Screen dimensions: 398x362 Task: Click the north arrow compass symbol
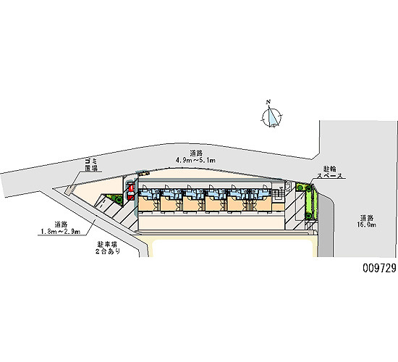tap(272, 117)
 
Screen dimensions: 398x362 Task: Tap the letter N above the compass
tap(268, 102)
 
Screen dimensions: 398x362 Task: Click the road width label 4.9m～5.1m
tap(195, 160)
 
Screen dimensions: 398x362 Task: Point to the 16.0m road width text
tap(367, 224)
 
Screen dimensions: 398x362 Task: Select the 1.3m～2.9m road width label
tap(61, 232)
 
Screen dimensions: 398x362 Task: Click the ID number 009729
tap(379, 268)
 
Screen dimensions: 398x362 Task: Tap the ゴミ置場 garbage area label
tap(91, 164)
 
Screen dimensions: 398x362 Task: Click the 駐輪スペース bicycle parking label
tap(330, 172)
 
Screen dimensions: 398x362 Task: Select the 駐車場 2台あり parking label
tap(108, 248)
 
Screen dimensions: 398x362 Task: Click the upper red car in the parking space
tap(131, 188)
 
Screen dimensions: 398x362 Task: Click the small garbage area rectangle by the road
tap(70, 190)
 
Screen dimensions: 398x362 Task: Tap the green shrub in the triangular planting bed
tap(119, 199)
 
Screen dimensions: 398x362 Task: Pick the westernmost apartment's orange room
tap(148, 204)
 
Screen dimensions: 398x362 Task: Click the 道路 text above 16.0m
tap(367, 218)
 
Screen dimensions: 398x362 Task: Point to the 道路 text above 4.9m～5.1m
tap(196, 153)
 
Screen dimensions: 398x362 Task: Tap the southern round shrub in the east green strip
tap(308, 216)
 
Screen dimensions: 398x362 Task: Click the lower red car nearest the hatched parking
tap(131, 196)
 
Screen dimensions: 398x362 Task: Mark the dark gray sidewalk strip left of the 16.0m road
tap(326, 226)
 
